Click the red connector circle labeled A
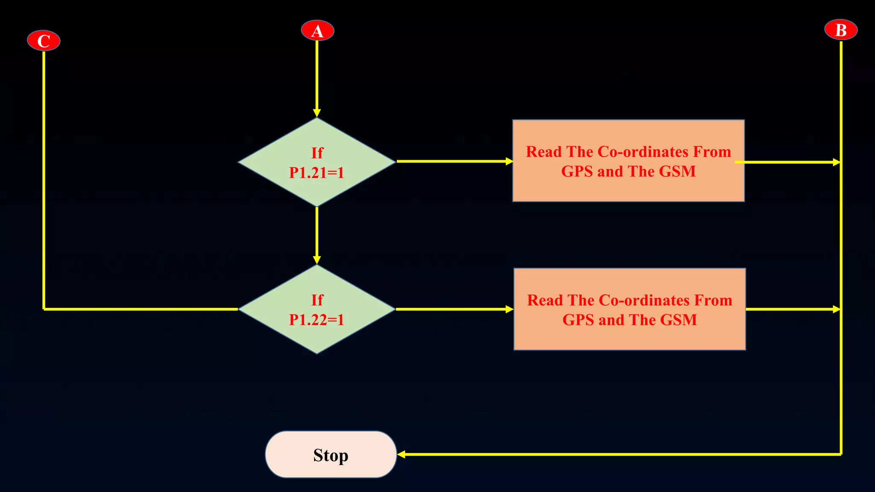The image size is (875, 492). point(317,30)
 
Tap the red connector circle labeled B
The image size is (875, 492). point(840,30)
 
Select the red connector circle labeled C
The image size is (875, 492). point(44,41)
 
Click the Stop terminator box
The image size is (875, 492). point(331,454)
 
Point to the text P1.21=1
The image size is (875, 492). point(317,173)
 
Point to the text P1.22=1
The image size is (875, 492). point(317,319)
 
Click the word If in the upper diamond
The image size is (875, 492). point(317,153)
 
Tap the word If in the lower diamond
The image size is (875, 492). point(317,300)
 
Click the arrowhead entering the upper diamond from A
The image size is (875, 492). point(317,113)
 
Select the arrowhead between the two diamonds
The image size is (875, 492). point(317,260)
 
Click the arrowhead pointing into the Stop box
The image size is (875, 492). point(402,454)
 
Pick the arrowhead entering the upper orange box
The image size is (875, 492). point(509,161)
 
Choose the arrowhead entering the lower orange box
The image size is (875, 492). point(509,309)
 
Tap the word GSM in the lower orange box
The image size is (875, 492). point(678,320)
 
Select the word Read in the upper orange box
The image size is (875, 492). point(543,152)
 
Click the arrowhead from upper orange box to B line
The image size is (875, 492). point(837,162)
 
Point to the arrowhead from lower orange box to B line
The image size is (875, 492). point(837,309)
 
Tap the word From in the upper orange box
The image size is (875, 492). point(712,152)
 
